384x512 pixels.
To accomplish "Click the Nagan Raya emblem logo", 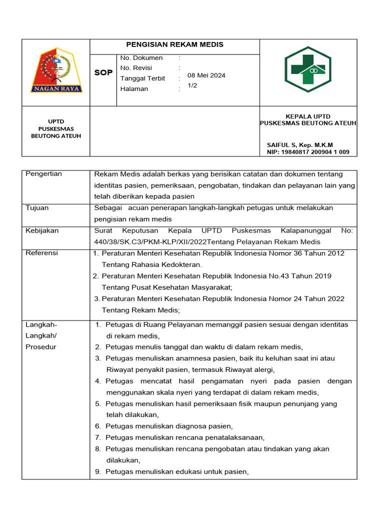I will pyautogui.click(x=56, y=70).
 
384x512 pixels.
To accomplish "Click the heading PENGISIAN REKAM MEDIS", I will pyautogui.click(x=174, y=44).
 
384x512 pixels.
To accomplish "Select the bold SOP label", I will pyautogui.click(x=103, y=73).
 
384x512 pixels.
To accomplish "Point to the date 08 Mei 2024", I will pyautogui.click(x=206, y=75).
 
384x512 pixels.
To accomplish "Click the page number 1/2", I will pyautogui.click(x=192, y=85).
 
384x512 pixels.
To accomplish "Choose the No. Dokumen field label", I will pyautogui.click(x=141, y=58).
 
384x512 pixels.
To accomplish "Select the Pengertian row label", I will pyautogui.click(x=43, y=174).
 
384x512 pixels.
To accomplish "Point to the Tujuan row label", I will pyautogui.click(x=37, y=208).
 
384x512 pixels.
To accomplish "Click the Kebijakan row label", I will pyautogui.click(x=42, y=230).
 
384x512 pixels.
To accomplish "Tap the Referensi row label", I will pyautogui.click(x=41, y=253).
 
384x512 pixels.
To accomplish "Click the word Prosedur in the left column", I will pyautogui.click(x=40, y=347).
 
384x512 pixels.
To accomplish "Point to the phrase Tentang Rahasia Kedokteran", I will pyautogui.click(x=151, y=264).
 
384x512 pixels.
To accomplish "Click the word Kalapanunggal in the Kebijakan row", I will pyautogui.click(x=306, y=230).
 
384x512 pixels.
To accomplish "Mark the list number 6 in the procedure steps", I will pyautogui.click(x=98, y=426).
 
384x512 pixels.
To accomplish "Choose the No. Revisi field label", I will pyautogui.click(x=136, y=68).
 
